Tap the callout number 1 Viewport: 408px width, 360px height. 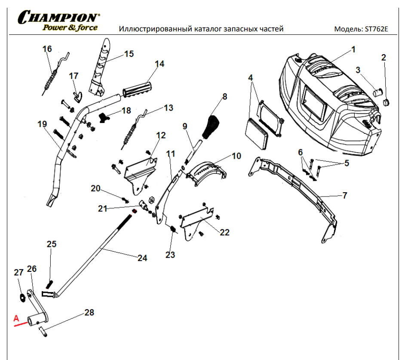tap(353, 49)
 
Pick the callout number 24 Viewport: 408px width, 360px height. tap(142, 258)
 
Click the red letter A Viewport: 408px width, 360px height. tap(17, 318)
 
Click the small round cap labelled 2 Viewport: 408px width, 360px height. tap(385, 102)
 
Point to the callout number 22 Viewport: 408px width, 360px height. tap(224, 233)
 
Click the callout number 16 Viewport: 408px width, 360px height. tap(47, 49)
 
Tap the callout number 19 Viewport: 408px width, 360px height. tap(42, 124)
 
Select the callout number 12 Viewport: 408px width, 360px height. tap(160, 135)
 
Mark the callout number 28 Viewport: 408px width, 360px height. tap(89, 313)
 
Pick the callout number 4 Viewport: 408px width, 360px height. tap(251, 77)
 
